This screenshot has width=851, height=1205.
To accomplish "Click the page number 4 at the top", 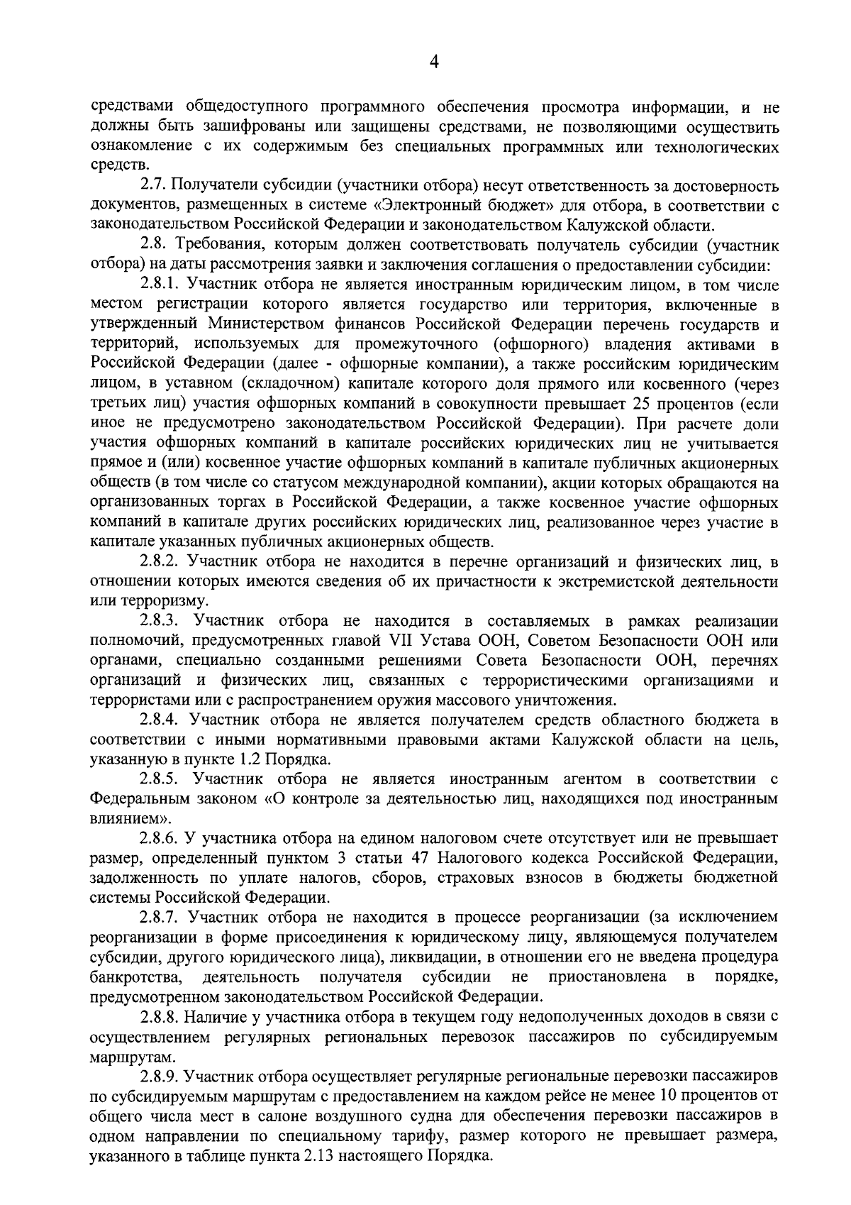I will tap(434, 63).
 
